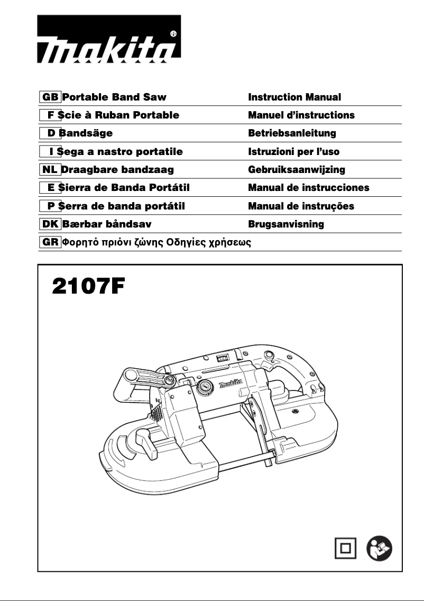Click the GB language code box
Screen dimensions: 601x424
click(x=50, y=97)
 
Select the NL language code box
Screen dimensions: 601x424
click(x=50, y=170)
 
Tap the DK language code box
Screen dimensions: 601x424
click(x=50, y=224)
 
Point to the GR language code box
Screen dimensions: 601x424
click(x=50, y=242)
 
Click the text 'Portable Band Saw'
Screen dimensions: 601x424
click(x=114, y=97)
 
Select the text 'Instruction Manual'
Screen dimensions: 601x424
click(x=294, y=97)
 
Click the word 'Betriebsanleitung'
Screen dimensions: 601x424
click(x=292, y=133)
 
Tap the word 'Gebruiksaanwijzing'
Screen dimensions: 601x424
click(x=297, y=170)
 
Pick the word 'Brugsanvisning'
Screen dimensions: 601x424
click(x=286, y=224)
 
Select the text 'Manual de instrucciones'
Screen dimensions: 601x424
click(x=309, y=188)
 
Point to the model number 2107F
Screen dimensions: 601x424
click(x=88, y=288)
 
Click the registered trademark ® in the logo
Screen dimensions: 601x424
click(x=173, y=34)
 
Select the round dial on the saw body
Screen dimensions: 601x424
click(x=204, y=387)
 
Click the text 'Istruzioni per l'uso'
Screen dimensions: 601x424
click(x=294, y=152)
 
